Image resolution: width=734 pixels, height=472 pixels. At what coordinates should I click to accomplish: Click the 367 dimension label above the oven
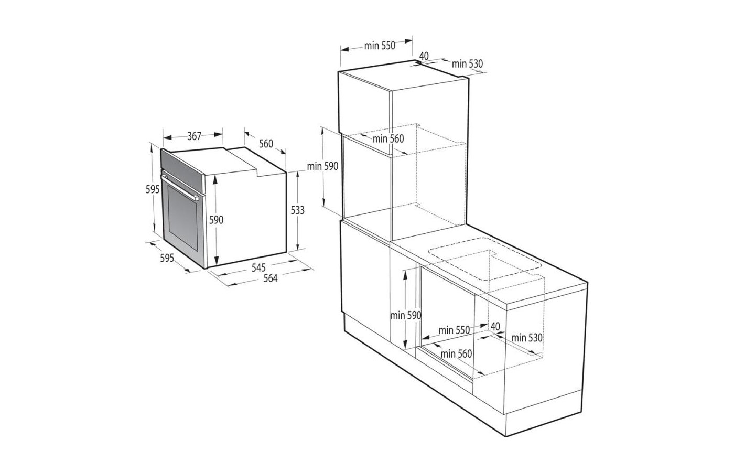194,136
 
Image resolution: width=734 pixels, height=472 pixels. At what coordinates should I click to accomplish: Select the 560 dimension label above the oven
266,143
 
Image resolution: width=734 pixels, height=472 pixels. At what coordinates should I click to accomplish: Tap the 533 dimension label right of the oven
297,210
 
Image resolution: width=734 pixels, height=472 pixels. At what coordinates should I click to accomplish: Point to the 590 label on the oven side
217,220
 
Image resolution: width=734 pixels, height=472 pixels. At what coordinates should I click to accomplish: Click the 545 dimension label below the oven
258,267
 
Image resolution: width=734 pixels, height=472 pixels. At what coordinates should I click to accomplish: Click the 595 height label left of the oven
152,189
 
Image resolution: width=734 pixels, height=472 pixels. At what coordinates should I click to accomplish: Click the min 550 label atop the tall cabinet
380,46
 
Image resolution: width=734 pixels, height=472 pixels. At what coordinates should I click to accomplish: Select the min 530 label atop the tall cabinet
467,64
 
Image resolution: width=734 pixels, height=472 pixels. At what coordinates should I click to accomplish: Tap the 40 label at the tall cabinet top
424,56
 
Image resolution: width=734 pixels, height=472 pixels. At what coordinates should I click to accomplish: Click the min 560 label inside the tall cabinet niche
388,138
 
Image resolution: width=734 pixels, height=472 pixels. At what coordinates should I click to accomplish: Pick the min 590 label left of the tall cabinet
323,166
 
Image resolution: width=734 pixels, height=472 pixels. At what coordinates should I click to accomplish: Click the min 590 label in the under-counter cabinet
406,315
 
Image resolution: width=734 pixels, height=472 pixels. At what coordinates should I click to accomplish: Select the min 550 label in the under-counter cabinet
455,330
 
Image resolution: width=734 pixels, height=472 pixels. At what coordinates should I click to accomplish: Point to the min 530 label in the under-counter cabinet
527,338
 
